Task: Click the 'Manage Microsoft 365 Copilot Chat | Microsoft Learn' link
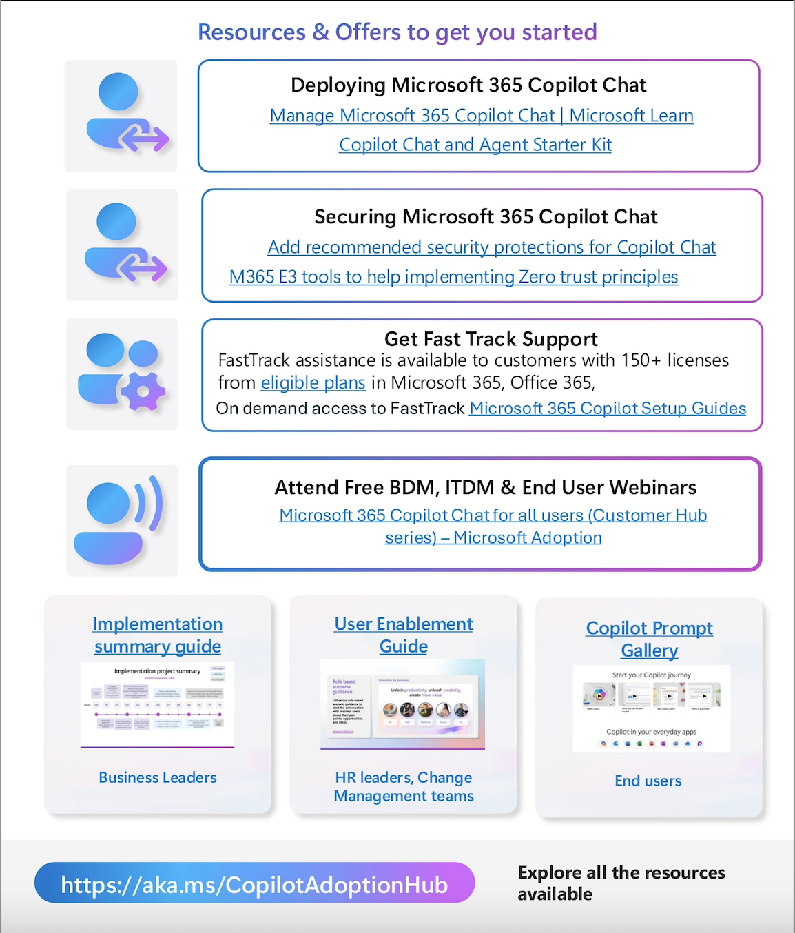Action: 481,116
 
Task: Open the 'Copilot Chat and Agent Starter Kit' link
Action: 475,145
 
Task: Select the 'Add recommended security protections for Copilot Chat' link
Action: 492,247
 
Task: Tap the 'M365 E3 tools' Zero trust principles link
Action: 453,277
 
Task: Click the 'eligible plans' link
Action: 313,382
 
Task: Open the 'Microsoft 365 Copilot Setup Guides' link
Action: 608,409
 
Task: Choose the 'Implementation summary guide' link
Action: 158,635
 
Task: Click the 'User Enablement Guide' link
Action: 404,635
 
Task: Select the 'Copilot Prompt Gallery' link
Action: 649,639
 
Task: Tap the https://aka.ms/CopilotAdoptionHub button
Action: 254,884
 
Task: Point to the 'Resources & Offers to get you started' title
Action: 397,32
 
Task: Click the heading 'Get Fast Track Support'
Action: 491,339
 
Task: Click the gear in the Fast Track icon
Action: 143,391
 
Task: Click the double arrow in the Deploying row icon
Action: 144,139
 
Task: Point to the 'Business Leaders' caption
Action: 158,778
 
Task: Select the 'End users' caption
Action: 648,781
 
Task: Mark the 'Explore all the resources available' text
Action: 621,883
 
